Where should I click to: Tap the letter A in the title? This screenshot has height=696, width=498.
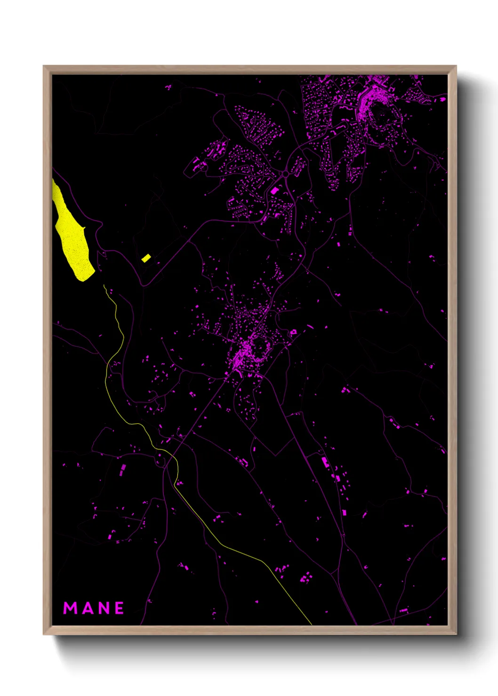[87, 608]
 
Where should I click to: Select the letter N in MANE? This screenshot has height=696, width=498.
[103, 608]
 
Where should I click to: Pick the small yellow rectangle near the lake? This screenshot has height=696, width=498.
[146, 258]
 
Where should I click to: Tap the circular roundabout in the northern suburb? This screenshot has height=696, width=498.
[285, 174]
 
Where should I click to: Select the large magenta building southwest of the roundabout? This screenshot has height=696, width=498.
[274, 190]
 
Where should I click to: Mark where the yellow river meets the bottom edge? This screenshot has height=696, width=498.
[311, 625]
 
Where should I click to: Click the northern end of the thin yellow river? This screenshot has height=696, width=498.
[104, 285]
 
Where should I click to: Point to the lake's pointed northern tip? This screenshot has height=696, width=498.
[53, 180]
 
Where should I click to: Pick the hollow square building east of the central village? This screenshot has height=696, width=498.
[293, 332]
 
